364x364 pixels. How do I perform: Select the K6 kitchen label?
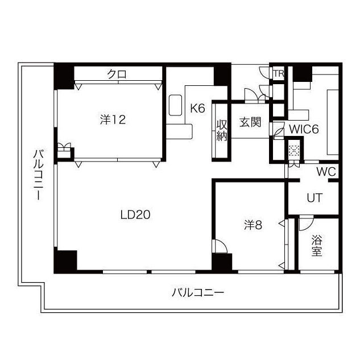(197, 108)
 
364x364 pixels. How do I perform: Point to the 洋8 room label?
(253, 225)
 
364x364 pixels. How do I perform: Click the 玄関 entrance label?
(250, 122)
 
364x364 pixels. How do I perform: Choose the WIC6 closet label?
(303, 129)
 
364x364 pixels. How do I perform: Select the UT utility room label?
(315, 198)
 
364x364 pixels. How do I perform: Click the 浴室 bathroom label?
(317, 246)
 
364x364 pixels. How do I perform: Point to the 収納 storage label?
(222, 130)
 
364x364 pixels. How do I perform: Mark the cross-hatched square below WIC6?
(293, 151)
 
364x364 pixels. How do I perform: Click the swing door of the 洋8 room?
(220, 246)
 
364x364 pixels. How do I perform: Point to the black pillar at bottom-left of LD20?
(65, 260)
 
